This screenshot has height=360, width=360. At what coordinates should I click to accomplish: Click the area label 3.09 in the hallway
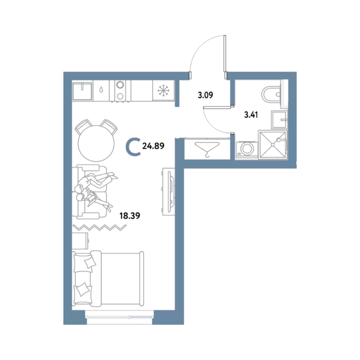pyautogui.click(x=205, y=95)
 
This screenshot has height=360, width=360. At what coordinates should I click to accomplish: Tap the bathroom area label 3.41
pyautogui.click(x=251, y=114)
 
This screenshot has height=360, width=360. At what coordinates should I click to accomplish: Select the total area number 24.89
pyautogui.click(x=153, y=146)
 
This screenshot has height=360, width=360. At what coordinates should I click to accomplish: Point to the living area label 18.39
pyautogui.click(x=130, y=216)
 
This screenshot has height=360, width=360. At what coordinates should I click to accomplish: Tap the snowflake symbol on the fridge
pyautogui.click(x=164, y=90)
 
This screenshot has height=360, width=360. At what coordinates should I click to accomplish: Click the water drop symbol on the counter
pyautogui.click(x=101, y=90)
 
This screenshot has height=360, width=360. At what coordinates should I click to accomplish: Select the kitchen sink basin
pyautogui.click(x=82, y=90)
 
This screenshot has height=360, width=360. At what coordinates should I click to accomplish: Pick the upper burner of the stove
pyautogui.click(x=120, y=85)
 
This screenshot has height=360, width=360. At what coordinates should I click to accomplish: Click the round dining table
pyautogui.click(x=96, y=143)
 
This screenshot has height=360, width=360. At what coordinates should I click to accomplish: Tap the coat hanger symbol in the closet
pyautogui.click(x=207, y=149)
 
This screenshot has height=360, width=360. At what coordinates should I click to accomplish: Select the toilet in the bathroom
pyautogui.click(x=271, y=94)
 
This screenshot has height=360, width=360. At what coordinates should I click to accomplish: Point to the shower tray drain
pyautogui.click(x=272, y=145)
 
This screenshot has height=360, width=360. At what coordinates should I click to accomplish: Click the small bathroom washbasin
pyautogui.click(x=279, y=120)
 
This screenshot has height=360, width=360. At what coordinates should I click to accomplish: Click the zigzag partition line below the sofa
pyautogui.click(x=100, y=227)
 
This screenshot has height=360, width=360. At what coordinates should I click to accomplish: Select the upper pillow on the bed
pyautogui.click(x=90, y=263)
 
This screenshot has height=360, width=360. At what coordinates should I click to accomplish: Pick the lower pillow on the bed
pyautogui.click(x=82, y=289)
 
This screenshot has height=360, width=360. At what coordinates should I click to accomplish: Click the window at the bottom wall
pyautogui.click(x=120, y=317)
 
